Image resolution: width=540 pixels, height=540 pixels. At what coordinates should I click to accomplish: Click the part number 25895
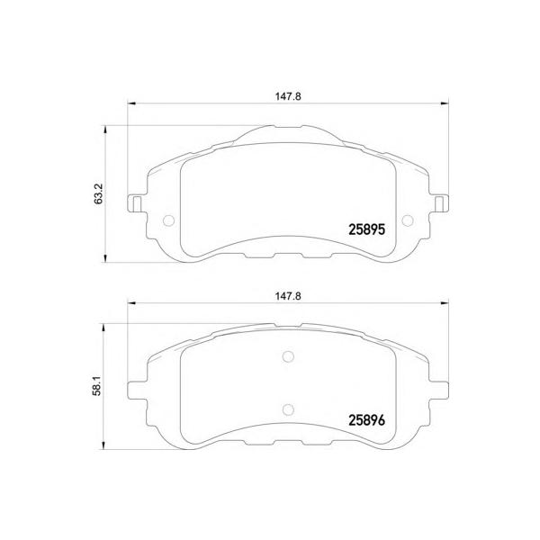[367, 229]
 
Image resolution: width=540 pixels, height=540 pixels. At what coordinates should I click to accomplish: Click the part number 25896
[367, 420]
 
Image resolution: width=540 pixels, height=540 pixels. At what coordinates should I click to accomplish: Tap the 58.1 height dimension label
[97, 386]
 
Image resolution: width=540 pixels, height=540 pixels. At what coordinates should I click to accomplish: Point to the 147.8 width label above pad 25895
[288, 96]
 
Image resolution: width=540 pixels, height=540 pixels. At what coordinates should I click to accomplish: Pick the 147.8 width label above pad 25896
[288, 296]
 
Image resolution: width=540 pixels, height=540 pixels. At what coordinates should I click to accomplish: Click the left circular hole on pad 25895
[169, 220]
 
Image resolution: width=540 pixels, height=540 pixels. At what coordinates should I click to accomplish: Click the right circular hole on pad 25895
[408, 220]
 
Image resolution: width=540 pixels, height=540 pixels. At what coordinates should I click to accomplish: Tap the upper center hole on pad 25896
[288, 356]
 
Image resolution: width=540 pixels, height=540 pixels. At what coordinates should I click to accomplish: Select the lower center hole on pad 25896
[288, 409]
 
